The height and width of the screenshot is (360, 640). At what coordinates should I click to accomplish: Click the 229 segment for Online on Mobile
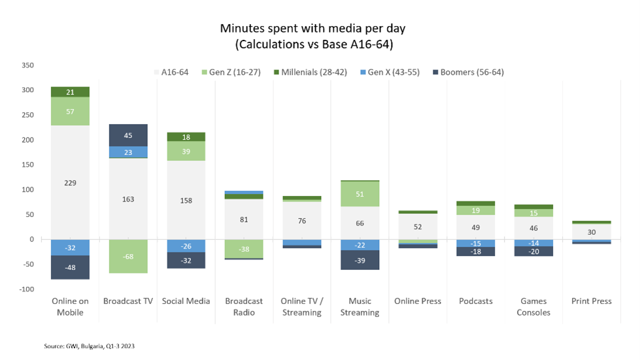[x=71, y=182]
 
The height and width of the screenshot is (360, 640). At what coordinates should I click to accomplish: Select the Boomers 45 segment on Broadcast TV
[x=128, y=135]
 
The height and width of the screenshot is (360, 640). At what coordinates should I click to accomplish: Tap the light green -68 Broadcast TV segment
[x=128, y=256]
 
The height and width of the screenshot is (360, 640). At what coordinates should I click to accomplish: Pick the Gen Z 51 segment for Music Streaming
[x=360, y=193]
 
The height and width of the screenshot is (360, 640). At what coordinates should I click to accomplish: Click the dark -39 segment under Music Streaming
[x=360, y=260]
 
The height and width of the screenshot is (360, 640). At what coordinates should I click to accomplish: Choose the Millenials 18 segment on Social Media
[x=186, y=137]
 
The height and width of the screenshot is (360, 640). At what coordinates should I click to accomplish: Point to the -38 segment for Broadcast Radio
[x=244, y=249]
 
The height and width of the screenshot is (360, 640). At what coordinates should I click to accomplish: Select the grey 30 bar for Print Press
[x=591, y=232]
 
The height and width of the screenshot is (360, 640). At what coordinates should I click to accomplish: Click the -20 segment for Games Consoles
[x=533, y=252]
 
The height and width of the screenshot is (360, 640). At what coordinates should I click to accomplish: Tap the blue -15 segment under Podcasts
[x=475, y=243]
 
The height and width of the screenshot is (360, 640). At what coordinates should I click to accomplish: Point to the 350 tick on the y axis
[x=27, y=65]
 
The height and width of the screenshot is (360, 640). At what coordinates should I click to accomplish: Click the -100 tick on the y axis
[x=25, y=289]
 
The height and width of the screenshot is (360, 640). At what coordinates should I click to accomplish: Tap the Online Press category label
[x=418, y=301]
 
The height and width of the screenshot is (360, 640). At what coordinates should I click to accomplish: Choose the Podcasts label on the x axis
[x=475, y=301]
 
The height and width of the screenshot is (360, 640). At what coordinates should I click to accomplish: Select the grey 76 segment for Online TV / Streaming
[x=302, y=221]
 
